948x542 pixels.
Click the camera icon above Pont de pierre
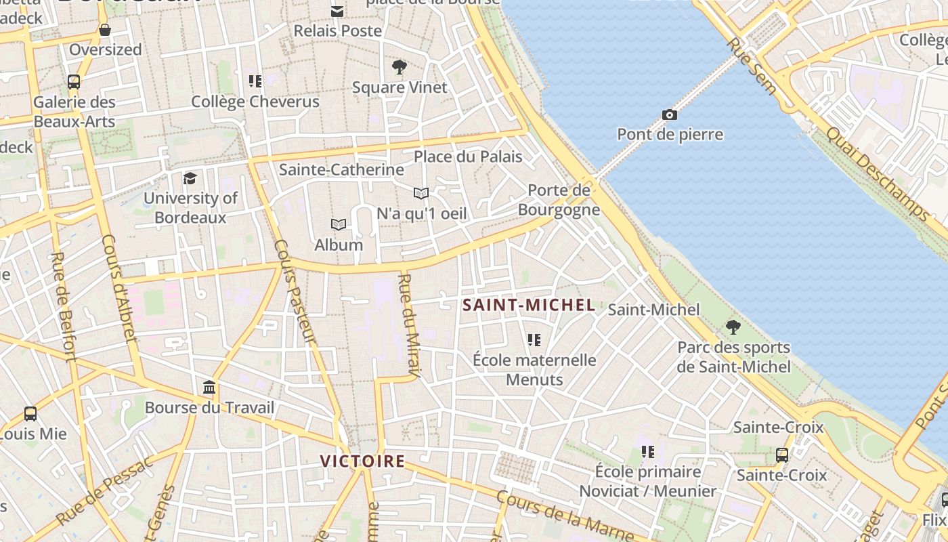(x=670, y=115)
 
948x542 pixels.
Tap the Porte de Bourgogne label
(x=559, y=200)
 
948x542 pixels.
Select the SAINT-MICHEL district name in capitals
(x=529, y=306)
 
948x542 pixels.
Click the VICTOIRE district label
(x=362, y=461)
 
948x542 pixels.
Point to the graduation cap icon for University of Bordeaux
(x=190, y=178)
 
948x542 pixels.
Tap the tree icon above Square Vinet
(x=400, y=66)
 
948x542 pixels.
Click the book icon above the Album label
(x=338, y=224)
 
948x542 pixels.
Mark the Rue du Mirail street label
(x=410, y=324)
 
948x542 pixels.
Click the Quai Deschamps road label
(x=878, y=174)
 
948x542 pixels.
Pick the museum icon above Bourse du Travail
(x=210, y=388)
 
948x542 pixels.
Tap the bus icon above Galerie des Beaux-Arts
(x=74, y=82)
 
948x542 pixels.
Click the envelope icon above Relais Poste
(x=337, y=11)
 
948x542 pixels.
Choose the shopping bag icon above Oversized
(x=105, y=30)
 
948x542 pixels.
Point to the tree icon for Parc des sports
(x=733, y=327)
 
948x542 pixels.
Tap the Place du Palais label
(x=468, y=157)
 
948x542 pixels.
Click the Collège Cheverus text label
(x=255, y=102)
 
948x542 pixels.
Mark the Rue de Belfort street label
(x=63, y=306)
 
